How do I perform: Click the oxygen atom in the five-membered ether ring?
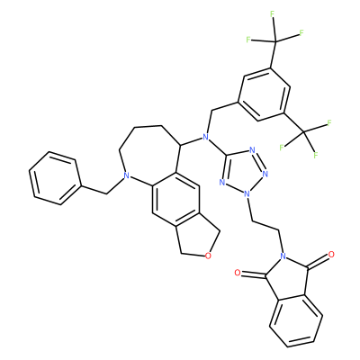pos(209,256)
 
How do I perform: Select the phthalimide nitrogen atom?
pos(282,256)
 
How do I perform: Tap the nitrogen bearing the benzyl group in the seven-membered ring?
pos(126,176)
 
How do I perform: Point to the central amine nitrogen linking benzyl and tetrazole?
pos(205,138)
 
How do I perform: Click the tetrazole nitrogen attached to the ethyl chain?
pos(247,193)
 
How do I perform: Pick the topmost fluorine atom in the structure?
pos(273,13)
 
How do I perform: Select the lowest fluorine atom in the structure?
pos(315,156)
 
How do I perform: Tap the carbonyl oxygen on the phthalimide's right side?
pos(331,255)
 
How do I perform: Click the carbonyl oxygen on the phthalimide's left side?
pos(238,273)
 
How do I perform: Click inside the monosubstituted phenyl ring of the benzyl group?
pos(55,178)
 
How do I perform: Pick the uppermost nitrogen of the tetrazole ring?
pos(251,150)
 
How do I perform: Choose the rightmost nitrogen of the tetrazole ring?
pos(265,174)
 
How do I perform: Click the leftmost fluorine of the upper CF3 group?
pos(248,40)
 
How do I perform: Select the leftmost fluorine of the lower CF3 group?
pos(282,148)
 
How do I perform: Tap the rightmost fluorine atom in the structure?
pos(329,122)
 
